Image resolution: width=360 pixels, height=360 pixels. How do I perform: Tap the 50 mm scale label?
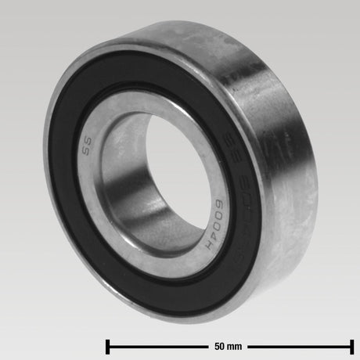pos(228,344)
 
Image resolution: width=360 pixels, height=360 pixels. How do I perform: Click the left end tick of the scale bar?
pos(107,344)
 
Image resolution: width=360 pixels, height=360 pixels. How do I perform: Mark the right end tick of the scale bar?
pos(351,344)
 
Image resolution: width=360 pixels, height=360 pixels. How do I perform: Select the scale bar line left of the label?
pos(157,344)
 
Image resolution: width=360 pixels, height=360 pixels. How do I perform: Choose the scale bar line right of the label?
pos(297,344)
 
